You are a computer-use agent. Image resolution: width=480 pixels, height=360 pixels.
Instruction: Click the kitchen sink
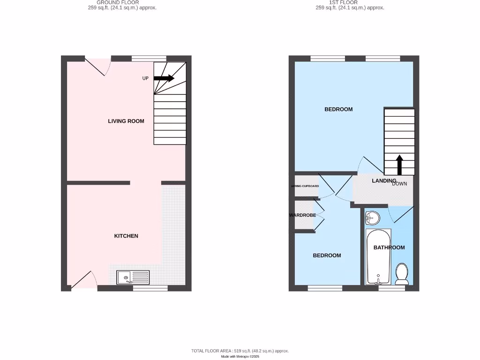pyautogui.click(x=133, y=277)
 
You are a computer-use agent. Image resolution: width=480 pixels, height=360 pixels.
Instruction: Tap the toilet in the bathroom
pyautogui.click(x=402, y=274)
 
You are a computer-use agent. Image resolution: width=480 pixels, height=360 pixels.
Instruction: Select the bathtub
pyautogui.click(x=378, y=257)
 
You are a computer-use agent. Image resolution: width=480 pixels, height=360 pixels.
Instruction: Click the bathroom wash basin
pyautogui.click(x=373, y=217)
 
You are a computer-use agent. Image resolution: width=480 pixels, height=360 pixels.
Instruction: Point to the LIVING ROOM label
pyautogui.click(x=126, y=121)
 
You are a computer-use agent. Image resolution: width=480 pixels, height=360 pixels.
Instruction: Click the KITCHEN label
pyautogui.click(x=126, y=236)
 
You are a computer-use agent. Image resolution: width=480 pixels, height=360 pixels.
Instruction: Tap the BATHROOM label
pyautogui.click(x=389, y=247)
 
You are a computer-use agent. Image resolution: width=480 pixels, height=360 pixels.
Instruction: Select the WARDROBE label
pyautogui.click(x=302, y=216)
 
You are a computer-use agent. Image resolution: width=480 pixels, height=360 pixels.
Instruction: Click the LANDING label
pyautogui.click(x=384, y=181)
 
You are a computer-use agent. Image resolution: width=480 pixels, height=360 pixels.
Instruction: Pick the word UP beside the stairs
pyautogui.click(x=145, y=78)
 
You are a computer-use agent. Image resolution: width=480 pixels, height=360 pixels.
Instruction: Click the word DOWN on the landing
pyautogui.click(x=399, y=184)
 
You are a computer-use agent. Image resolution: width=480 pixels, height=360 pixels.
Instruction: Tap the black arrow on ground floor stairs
pyautogui.click(x=164, y=78)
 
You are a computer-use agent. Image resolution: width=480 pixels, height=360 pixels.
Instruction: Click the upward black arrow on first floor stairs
pyautogui.click(x=399, y=165)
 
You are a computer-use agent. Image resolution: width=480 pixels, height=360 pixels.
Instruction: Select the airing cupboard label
pyautogui.click(x=305, y=186)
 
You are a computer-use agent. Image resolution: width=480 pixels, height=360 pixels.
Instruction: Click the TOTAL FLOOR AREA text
pyautogui.click(x=240, y=351)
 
